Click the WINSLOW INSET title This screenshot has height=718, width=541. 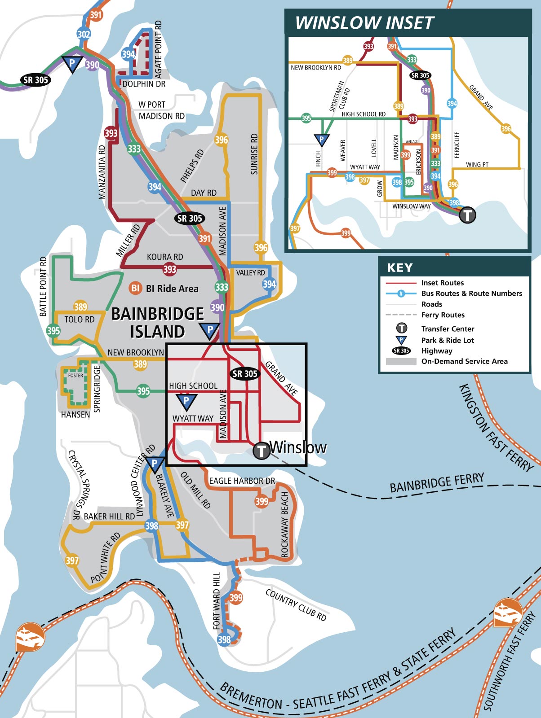(364, 22)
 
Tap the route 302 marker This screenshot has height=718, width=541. (84, 34)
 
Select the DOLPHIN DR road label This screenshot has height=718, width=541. (144, 84)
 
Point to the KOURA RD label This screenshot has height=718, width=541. (165, 257)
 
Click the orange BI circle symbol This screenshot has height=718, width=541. (135, 288)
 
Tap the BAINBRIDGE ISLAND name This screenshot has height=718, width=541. (157, 323)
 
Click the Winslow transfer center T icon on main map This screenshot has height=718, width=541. (261, 451)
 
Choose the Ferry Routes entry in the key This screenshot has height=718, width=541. (443, 315)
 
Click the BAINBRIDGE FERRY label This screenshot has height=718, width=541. (437, 482)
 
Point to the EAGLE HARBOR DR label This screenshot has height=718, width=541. (242, 481)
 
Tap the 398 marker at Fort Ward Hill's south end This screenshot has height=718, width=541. (224, 639)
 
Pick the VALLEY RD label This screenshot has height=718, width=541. (250, 272)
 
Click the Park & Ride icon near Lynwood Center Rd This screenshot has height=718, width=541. (154, 464)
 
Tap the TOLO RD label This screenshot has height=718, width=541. (80, 320)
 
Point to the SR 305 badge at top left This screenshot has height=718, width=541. (35, 80)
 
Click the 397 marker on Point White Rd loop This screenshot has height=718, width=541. (72, 560)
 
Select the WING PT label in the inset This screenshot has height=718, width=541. (477, 165)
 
